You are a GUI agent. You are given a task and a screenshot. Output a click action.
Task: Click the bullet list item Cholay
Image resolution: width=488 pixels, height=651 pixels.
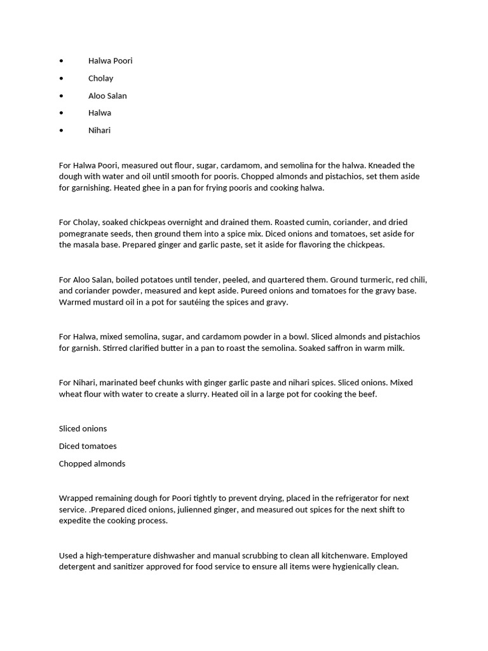[100, 78]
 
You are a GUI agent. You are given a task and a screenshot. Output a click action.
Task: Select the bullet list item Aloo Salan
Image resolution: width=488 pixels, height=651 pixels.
[107, 95]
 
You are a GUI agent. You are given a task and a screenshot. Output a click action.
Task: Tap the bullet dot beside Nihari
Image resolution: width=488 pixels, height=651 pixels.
[61, 130]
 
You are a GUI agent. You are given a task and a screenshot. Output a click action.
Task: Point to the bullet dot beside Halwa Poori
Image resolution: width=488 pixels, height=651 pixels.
[61, 61]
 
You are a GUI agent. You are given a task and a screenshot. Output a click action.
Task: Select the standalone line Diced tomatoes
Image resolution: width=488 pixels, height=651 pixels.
[88, 446]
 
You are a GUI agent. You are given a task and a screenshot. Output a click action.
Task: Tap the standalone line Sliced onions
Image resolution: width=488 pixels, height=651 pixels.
[83, 428]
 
